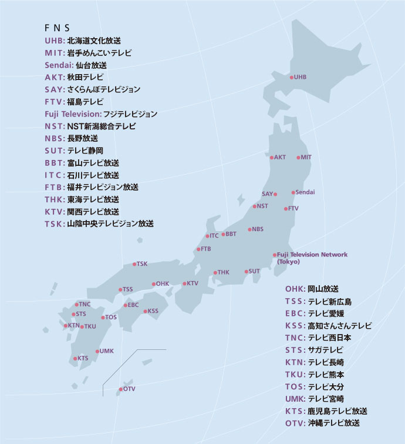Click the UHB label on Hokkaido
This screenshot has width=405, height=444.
coord(300,77)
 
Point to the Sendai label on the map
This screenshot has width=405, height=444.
coord(305,192)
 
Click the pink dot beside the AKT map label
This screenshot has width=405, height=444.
coord(271,158)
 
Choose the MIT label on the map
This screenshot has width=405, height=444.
coord(306,158)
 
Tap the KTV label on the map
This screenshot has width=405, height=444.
coord(193,283)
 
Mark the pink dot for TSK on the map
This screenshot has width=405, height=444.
coord(134,264)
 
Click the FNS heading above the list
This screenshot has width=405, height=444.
coord(57,28)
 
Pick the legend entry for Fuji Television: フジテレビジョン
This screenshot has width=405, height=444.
coord(100,113)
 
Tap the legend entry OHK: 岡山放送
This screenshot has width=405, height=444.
coord(312,289)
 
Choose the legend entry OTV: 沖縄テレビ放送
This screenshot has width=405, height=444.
coord(322,423)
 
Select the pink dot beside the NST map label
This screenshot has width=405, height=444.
coord(254,206)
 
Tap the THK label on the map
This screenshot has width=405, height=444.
coord(223,272)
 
